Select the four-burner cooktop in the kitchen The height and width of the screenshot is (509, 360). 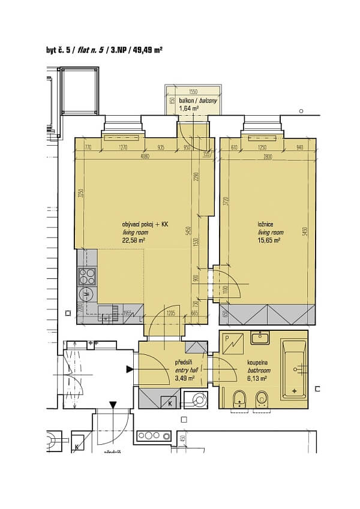pyautogui.click(x=86, y=276)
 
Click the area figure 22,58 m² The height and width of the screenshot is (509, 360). pyautogui.click(x=133, y=240)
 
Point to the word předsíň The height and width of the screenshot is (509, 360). pyautogui.click(x=184, y=363)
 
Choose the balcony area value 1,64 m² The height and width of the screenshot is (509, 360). pyautogui.click(x=188, y=109)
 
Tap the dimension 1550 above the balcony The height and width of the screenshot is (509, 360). pyautogui.click(x=193, y=92)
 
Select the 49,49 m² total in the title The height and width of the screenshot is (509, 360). pyautogui.click(x=146, y=50)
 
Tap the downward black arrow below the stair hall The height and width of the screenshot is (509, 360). pyautogui.click(x=112, y=406)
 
